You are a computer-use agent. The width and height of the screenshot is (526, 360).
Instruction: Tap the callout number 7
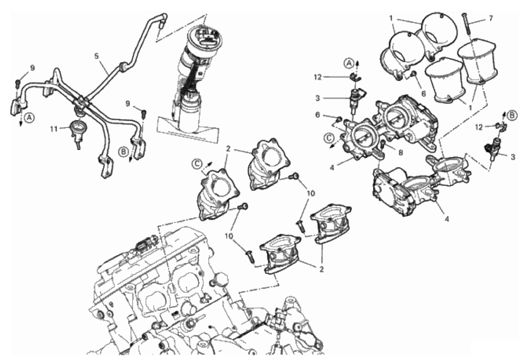click(x=491, y=19)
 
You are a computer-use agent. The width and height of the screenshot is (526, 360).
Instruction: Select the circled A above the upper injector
click(x=350, y=63)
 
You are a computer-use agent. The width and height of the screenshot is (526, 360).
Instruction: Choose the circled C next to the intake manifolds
click(x=197, y=163)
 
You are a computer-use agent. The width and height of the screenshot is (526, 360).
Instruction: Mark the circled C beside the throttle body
click(x=329, y=136)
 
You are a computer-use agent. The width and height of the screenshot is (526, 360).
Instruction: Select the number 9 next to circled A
click(x=32, y=68)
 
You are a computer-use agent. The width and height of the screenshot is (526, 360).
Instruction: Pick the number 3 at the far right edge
click(x=513, y=157)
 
